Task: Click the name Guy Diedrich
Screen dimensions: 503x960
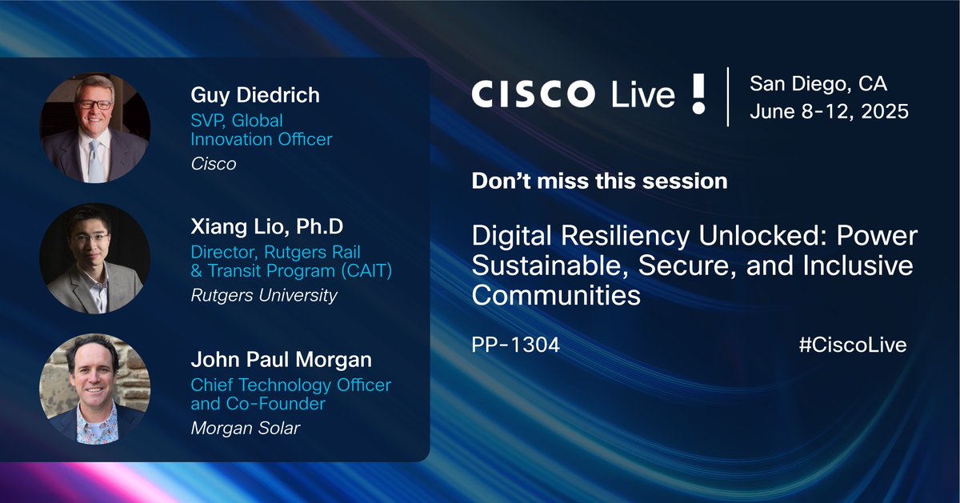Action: click(254, 95)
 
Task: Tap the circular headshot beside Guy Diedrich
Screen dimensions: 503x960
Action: click(94, 129)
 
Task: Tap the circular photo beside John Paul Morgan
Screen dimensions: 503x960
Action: click(94, 389)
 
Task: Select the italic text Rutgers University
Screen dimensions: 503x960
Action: click(263, 295)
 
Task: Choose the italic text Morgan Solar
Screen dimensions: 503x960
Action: click(245, 428)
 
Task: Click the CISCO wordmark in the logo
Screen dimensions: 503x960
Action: click(532, 94)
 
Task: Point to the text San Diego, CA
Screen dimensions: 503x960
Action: click(818, 83)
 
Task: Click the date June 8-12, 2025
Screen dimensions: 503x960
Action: click(829, 111)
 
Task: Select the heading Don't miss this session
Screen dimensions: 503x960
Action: click(599, 181)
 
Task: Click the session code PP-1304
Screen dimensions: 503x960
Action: click(515, 345)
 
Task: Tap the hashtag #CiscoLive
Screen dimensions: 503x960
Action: click(852, 345)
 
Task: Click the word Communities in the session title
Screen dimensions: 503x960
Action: click(556, 296)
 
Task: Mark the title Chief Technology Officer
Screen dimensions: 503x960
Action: click(290, 385)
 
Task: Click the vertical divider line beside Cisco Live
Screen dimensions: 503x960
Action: click(727, 96)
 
